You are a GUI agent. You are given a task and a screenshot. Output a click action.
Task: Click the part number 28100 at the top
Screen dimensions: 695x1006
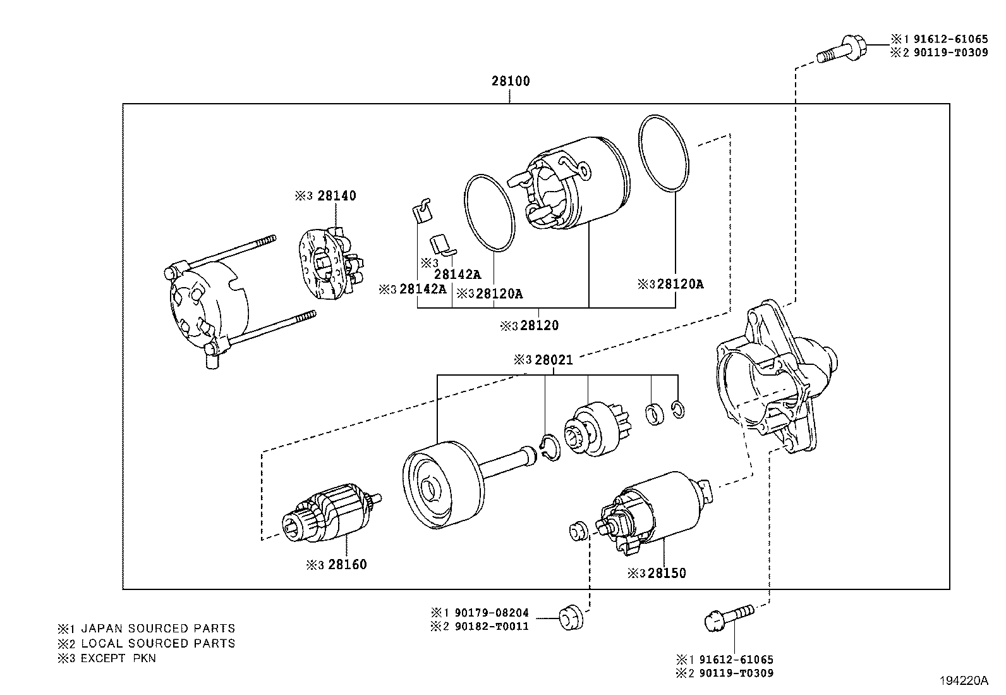coord(511,81)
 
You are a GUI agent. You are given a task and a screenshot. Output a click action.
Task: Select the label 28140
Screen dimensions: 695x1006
coord(336,196)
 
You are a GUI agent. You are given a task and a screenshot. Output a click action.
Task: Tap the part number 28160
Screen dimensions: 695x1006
coord(347,564)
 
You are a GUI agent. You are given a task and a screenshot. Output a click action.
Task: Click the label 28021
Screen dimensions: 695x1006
coord(553,360)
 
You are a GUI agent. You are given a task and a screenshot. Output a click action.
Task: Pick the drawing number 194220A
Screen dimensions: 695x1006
coord(963,680)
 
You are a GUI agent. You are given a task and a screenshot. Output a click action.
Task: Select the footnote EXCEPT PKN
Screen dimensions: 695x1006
coord(118,658)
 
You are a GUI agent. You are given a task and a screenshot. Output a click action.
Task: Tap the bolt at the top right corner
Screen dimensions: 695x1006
coord(840,51)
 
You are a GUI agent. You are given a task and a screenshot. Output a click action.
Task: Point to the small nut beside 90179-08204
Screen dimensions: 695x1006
coord(571,617)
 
